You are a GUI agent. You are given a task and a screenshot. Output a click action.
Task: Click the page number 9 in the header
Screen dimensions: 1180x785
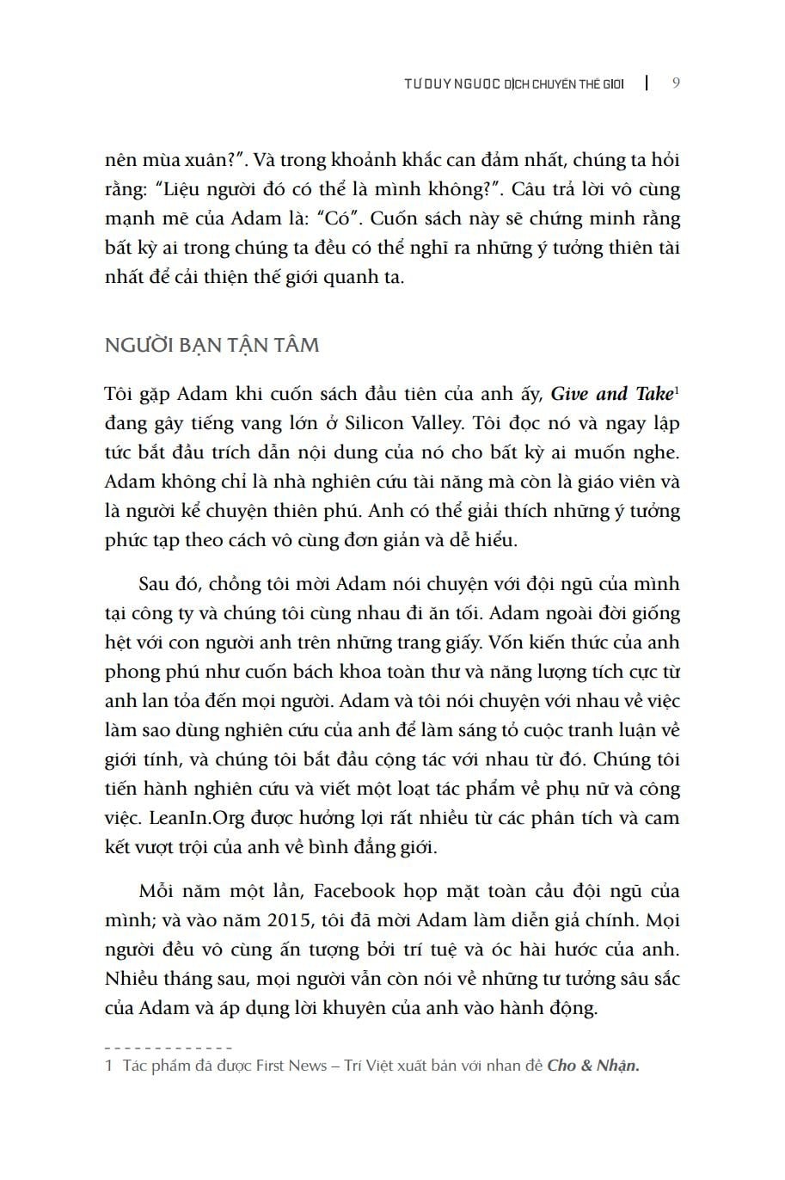[676, 83]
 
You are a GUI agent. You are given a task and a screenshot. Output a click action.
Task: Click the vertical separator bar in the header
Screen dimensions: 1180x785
[647, 83]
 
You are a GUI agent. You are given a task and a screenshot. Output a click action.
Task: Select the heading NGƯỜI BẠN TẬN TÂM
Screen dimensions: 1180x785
[212, 345]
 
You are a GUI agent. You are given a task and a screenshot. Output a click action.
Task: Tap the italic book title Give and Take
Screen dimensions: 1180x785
[610, 394]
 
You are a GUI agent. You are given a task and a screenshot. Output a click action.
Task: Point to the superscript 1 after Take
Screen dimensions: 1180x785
[678, 390]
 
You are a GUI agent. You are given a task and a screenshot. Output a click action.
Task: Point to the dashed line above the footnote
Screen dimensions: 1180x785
[169, 1048]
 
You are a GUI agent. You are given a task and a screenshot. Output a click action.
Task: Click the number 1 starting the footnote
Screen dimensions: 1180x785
[108, 1066]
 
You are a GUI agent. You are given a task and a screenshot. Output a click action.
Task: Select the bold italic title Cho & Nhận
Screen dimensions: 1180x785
[593, 1066]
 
